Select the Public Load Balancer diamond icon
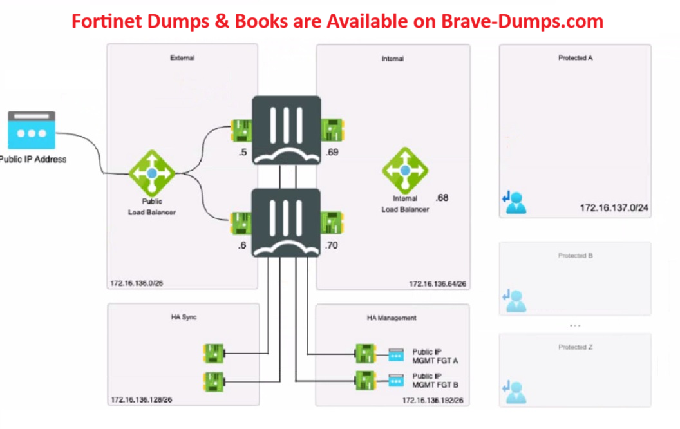point(152,173)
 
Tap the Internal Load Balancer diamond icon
point(404,170)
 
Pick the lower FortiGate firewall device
point(286,222)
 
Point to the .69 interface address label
point(332,153)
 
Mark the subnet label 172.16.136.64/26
point(437,283)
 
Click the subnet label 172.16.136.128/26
point(141,400)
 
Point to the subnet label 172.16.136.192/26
point(432,401)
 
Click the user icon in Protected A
point(514,203)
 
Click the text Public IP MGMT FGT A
point(435,356)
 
